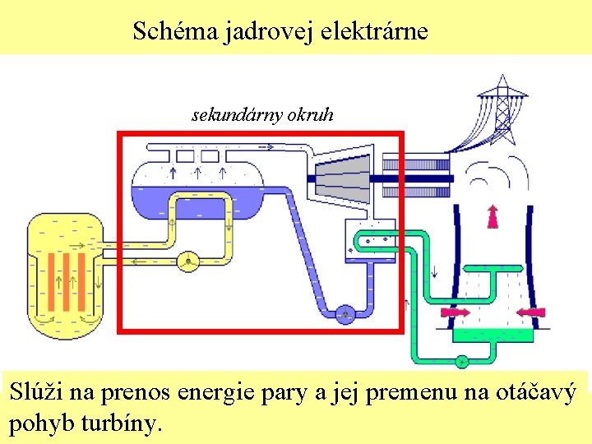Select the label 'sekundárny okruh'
(x=262, y=115)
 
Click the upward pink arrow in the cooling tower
(x=493, y=215)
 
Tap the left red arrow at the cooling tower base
(x=456, y=312)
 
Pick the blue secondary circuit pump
(x=345, y=312)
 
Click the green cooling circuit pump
(x=462, y=359)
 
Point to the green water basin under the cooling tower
(x=493, y=333)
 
